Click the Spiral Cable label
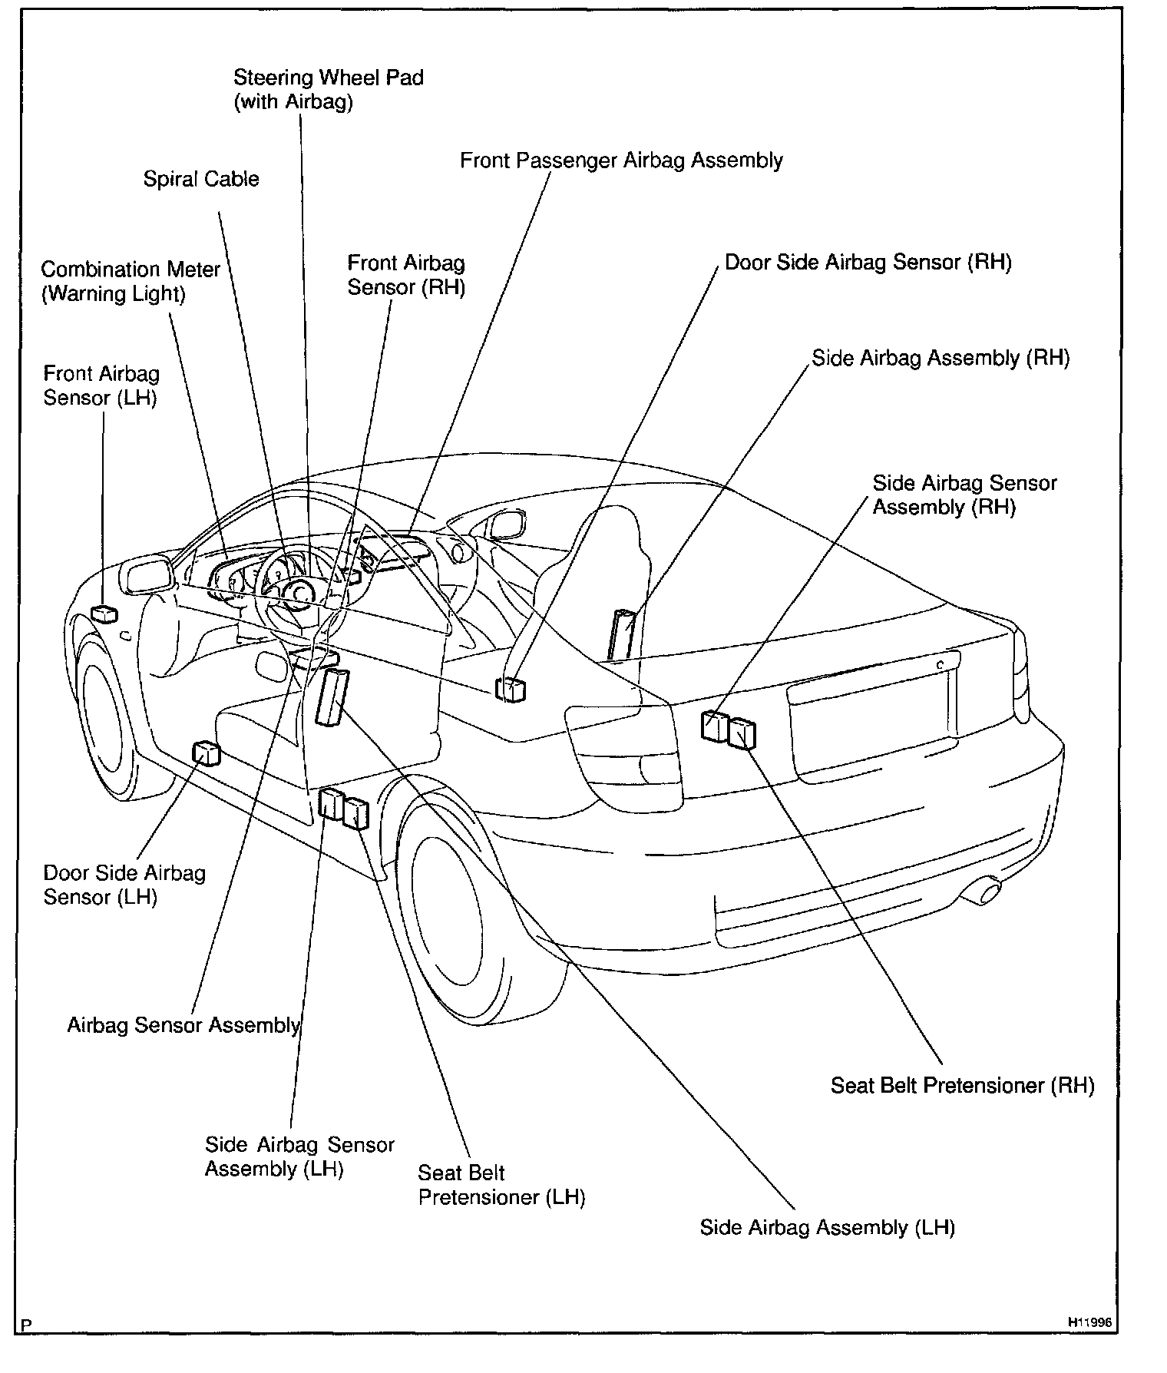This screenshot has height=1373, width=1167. (201, 180)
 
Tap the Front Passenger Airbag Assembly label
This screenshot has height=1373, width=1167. (621, 160)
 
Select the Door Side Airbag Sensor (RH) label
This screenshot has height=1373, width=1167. (868, 263)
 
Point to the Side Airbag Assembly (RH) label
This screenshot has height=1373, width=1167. (941, 359)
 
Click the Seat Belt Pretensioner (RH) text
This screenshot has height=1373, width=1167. (962, 1085)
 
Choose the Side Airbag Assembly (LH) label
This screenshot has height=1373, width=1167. (827, 1227)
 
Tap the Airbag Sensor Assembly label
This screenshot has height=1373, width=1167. (183, 1025)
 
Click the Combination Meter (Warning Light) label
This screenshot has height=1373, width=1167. (131, 281)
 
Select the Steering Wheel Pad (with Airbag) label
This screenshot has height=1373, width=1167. (328, 89)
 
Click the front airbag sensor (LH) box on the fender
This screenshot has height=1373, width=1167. (104, 613)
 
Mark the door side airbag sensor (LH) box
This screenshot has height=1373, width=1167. (206, 753)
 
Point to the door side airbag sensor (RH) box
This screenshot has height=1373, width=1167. (511, 690)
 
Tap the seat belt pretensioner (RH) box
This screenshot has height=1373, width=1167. (742, 733)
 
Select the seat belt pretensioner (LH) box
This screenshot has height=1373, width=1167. (355, 812)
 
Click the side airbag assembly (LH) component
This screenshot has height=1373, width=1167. (332, 696)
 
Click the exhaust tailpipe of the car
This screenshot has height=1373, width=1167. (984, 892)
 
